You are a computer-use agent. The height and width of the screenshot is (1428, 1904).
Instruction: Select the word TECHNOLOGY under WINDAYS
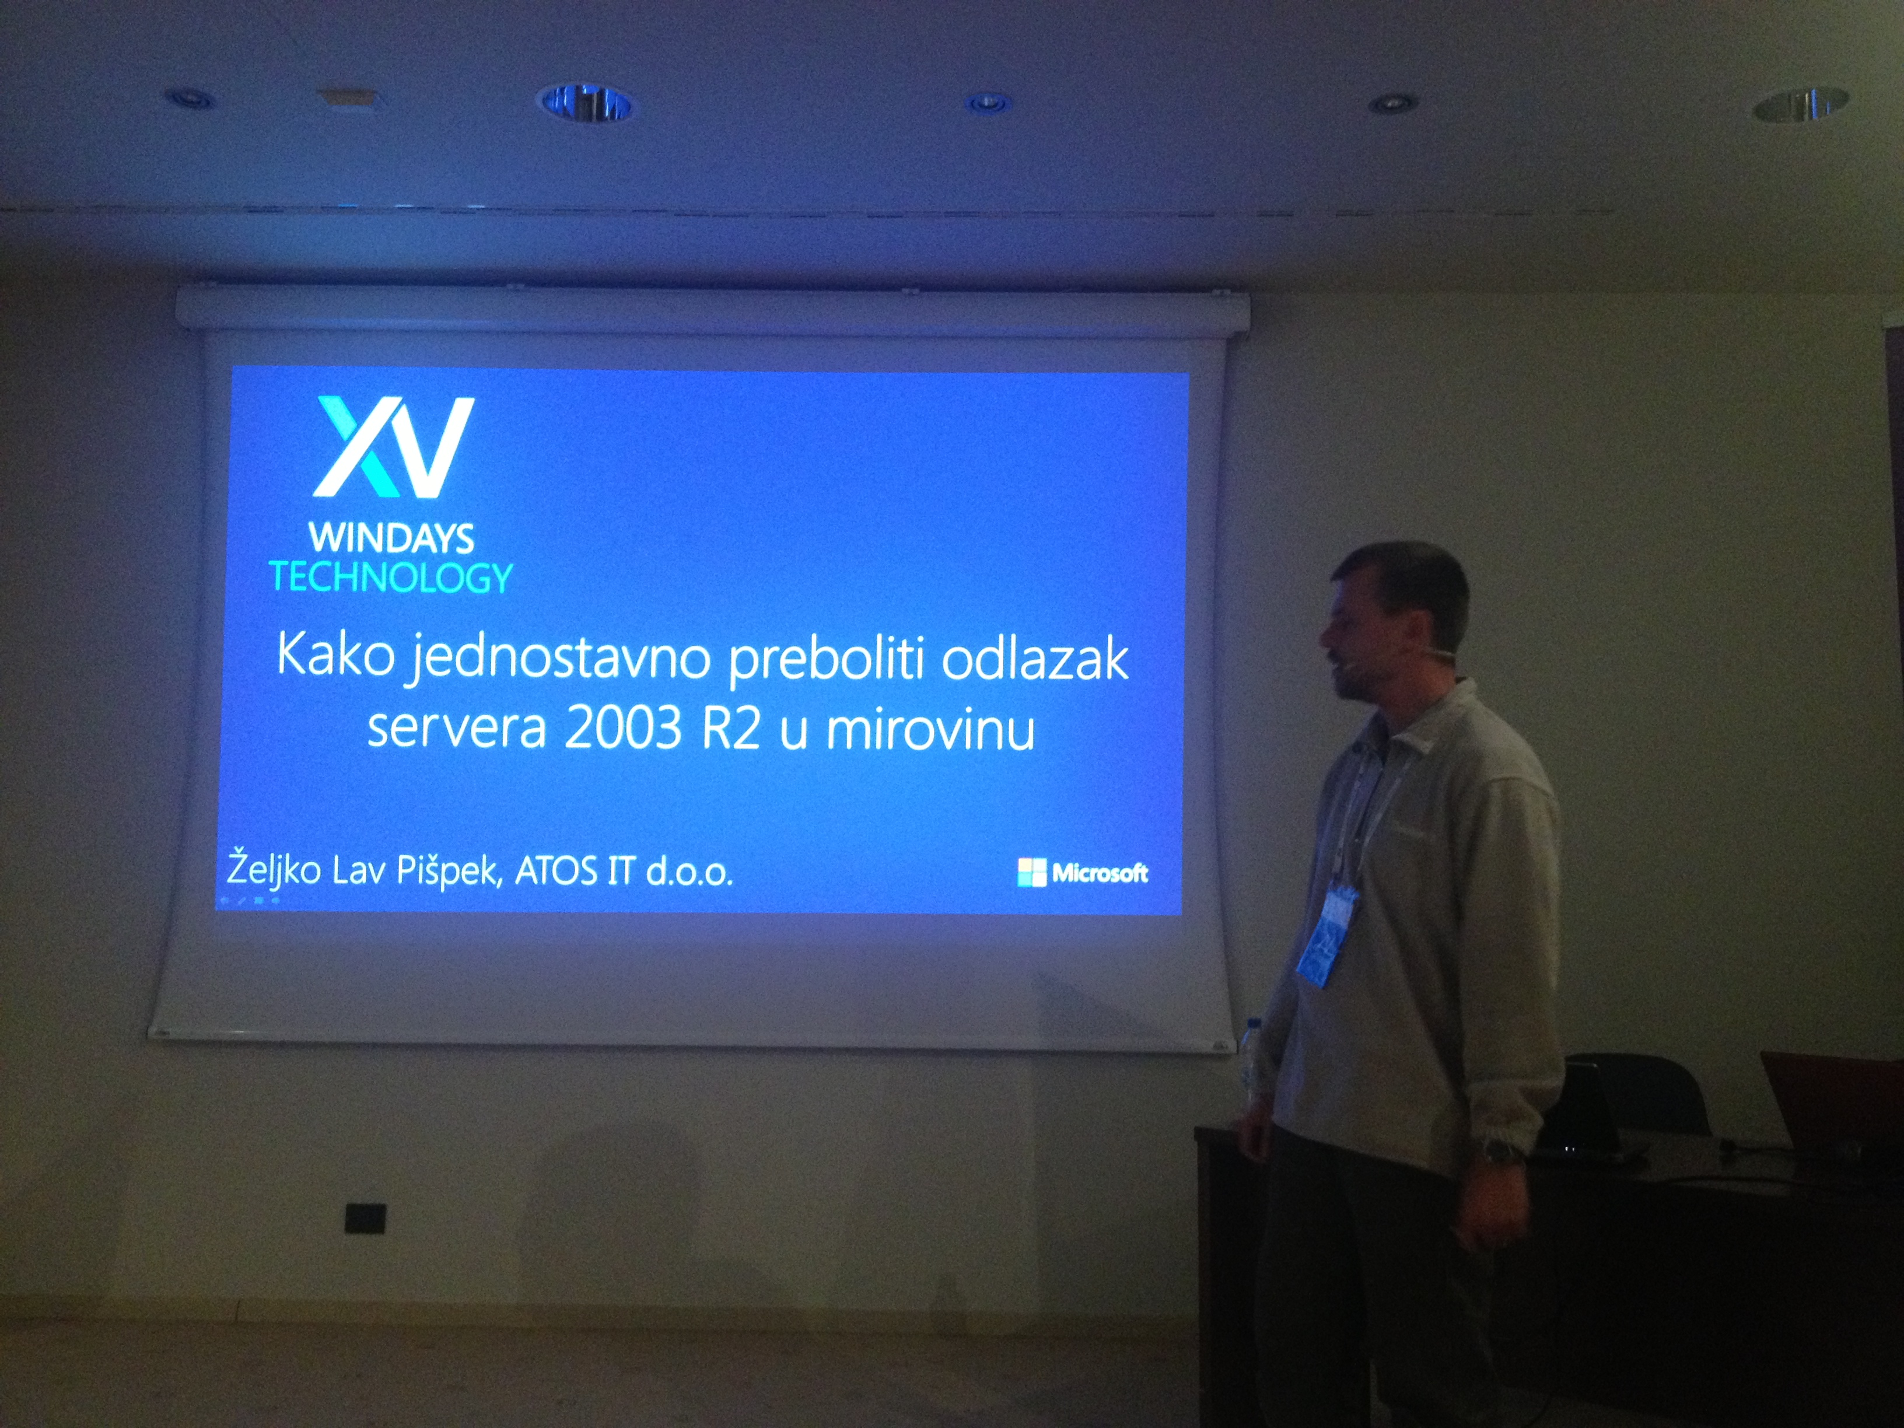[391, 577]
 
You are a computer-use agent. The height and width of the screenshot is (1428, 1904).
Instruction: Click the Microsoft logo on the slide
[1082, 873]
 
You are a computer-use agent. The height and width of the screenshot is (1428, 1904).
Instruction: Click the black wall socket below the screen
[365, 1218]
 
